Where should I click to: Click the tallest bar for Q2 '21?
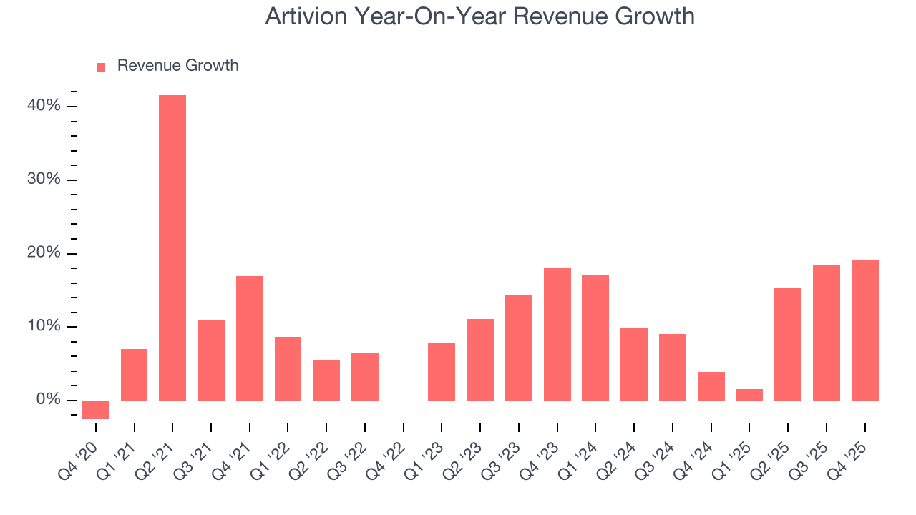pos(172,247)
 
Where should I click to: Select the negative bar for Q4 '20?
pos(96,409)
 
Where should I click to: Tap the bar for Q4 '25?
pos(864,330)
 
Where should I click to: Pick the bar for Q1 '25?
pos(749,395)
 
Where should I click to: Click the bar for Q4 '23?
pos(557,334)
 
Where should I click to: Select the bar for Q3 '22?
pos(365,377)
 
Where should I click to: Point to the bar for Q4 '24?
pos(711,386)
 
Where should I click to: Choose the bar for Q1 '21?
pos(135,375)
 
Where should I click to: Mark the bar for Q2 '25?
pos(788,344)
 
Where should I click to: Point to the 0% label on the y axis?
pos(49,400)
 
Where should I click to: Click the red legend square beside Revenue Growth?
pos(101,67)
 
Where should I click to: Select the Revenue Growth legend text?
pos(177,66)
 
